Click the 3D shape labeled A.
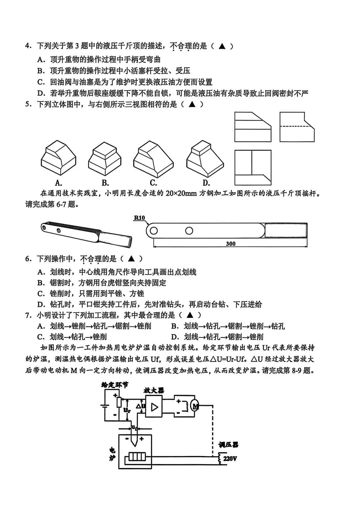[58, 157]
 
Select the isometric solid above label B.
[105, 158]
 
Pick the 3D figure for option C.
[153, 158]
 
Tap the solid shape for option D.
[205, 157]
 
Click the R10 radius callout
[140, 218]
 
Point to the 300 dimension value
[231, 244]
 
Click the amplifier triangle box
[154, 406]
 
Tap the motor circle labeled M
[195, 406]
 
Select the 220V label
[230, 458]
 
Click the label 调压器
[228, 445]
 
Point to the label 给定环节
[115, 385]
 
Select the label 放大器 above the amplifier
[154, 390]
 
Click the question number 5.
[28, 104]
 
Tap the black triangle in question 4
[222, 46]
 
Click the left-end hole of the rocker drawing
[154, 231]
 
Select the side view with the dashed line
[297, 127]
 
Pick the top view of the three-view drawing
[253, 167]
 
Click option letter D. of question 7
[175, 337]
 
